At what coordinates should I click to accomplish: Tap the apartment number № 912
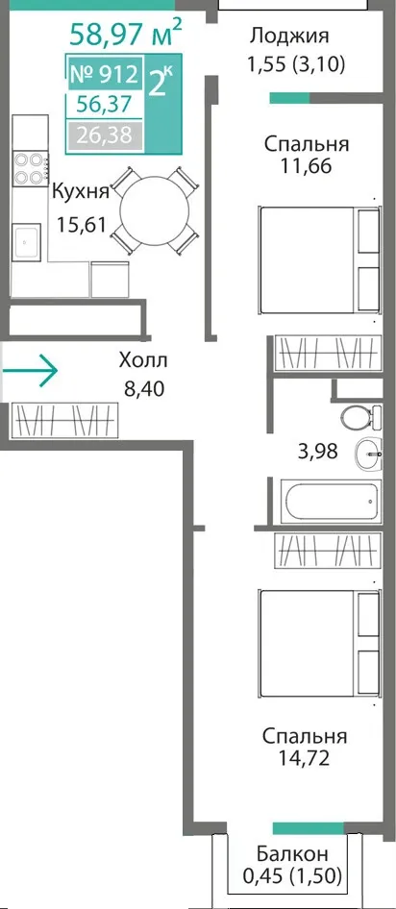(105, 74)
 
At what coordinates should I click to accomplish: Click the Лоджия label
(289, 36)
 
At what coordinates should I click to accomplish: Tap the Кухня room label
(81, 192)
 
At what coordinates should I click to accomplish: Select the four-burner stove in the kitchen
(30, 167)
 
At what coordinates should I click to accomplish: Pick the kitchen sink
(27, 242)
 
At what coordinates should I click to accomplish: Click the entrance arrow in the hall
(29, 369)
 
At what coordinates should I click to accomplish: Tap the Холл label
(143, 360)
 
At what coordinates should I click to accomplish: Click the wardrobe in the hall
(66, 419)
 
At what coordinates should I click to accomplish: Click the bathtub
(331, 501)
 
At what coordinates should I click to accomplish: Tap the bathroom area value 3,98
(317, 450)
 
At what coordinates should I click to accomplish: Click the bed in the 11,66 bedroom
(319, 259)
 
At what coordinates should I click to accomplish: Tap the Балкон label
(293, 853)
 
